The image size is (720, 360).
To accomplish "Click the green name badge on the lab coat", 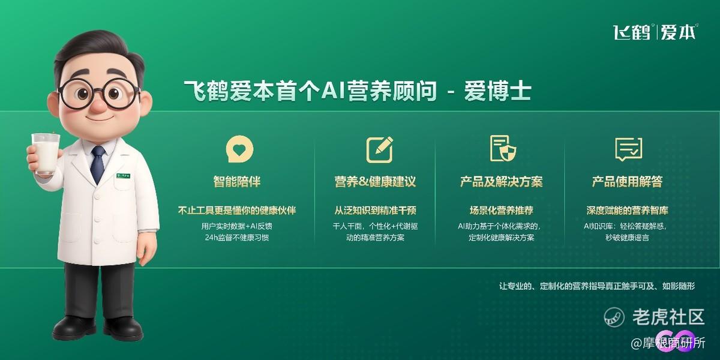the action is click(x=124, y=176).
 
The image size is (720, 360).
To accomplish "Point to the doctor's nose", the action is click(x=99, y=104).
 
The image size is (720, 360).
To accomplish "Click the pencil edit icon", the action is click(x=380, y=149).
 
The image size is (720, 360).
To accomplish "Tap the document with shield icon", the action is click(x=503, y=148).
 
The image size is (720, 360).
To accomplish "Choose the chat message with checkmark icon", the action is click(x=629, y=149).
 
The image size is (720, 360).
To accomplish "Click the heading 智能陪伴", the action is click(x=237, y=182).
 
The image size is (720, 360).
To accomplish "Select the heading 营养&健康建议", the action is click(x=375, y=182).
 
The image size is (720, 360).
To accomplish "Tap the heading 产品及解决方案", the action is click(x=502, y=182).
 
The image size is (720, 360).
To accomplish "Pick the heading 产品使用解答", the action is click(x=628, y=182).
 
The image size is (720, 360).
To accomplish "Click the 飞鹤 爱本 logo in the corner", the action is click(x=655, y=32).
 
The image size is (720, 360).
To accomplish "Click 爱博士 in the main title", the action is click(x=497, y=91).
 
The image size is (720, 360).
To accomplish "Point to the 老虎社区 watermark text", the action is click(x=668, y=317).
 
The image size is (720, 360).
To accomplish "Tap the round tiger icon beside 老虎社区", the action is click(x=614, y=317).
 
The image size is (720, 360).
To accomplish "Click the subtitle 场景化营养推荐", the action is click(x=502, y=211).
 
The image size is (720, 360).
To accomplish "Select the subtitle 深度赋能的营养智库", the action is click(x=628, y=211).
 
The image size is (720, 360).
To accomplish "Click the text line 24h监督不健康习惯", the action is click(x=237, y=238).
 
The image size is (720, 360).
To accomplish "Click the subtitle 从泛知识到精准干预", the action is click(x=375, y=211).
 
